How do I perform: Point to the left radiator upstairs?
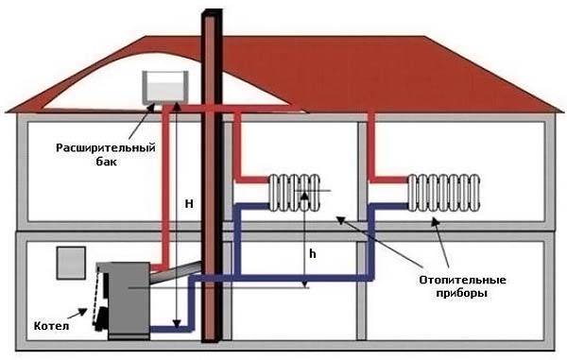(x=296, y=193)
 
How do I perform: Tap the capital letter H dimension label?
(x=189, y=203)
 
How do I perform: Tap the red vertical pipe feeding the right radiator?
(x=372, y=142)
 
